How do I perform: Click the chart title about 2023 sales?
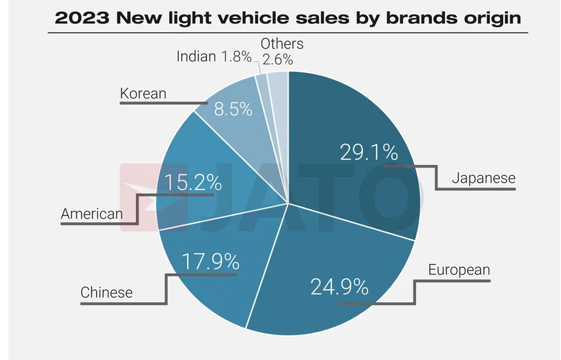click(288, 17)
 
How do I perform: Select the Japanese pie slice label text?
click(483, 178)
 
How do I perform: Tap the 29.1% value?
click(368, 152)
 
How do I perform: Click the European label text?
click(459, 270)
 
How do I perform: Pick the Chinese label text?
click(106, 292)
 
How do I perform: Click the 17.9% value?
click(210, 261)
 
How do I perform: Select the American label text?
click(92, 214)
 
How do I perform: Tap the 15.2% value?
click(193, 183)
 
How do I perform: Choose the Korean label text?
click(143, 93)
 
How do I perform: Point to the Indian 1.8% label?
click(214, 57)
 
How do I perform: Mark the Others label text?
click(282, 44)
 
